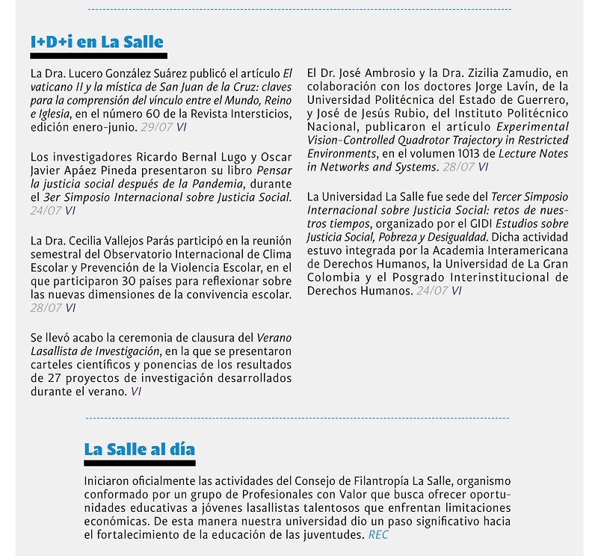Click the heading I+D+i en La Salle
[x=96, y=42]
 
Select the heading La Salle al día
[x=139, y=449]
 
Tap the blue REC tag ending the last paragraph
[x=378, y=535]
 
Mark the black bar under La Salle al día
[x=140, y=463]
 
